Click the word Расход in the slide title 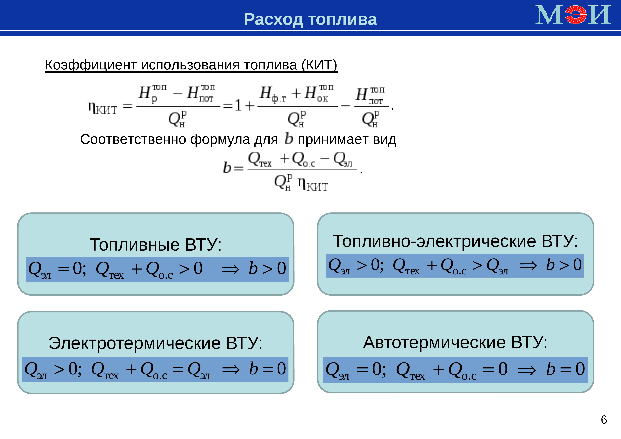(x=273, y=20)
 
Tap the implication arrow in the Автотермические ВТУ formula (x=526, y=370)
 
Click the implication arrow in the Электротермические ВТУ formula (x=231, y=369)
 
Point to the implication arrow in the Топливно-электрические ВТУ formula (x=528, y=266)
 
